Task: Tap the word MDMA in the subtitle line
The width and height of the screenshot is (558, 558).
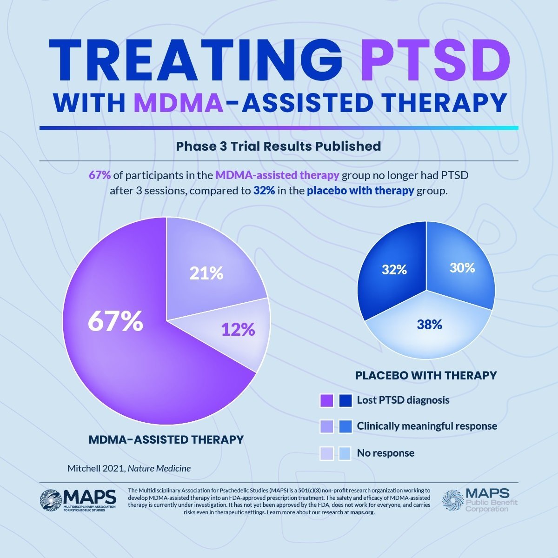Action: [x=179, y=103]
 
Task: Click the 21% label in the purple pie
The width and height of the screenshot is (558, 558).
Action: [x=206, y=273]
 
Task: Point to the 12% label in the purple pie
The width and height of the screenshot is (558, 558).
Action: [x=238, y=329]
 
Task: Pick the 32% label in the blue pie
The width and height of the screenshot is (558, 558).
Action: [x=394, y=269]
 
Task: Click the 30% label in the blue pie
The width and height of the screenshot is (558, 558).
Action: [x=462, y=268]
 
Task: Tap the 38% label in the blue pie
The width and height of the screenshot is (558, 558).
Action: [x=429, y=325]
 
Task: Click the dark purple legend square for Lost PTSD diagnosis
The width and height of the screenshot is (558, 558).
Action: [x=327, y=400]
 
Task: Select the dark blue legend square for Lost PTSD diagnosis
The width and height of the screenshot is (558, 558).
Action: [x=345, y=400]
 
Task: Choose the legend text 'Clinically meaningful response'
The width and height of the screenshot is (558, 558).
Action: [x=427, y=426]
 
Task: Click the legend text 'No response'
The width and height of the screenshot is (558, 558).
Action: [x=385, y=453]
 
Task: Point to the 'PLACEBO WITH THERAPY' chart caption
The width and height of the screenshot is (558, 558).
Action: [x=426, y=375]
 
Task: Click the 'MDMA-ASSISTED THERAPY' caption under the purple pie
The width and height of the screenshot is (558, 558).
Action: [x=166, y=439]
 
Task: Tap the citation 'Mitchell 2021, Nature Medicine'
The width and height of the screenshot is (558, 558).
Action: [x=129, y=468]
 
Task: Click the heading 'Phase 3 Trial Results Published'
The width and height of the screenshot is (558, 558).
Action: [x=279, y=146]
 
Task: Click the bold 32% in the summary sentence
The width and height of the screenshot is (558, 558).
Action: [x=264, y=191]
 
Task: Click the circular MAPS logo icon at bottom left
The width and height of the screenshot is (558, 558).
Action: [x=50, y=499]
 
